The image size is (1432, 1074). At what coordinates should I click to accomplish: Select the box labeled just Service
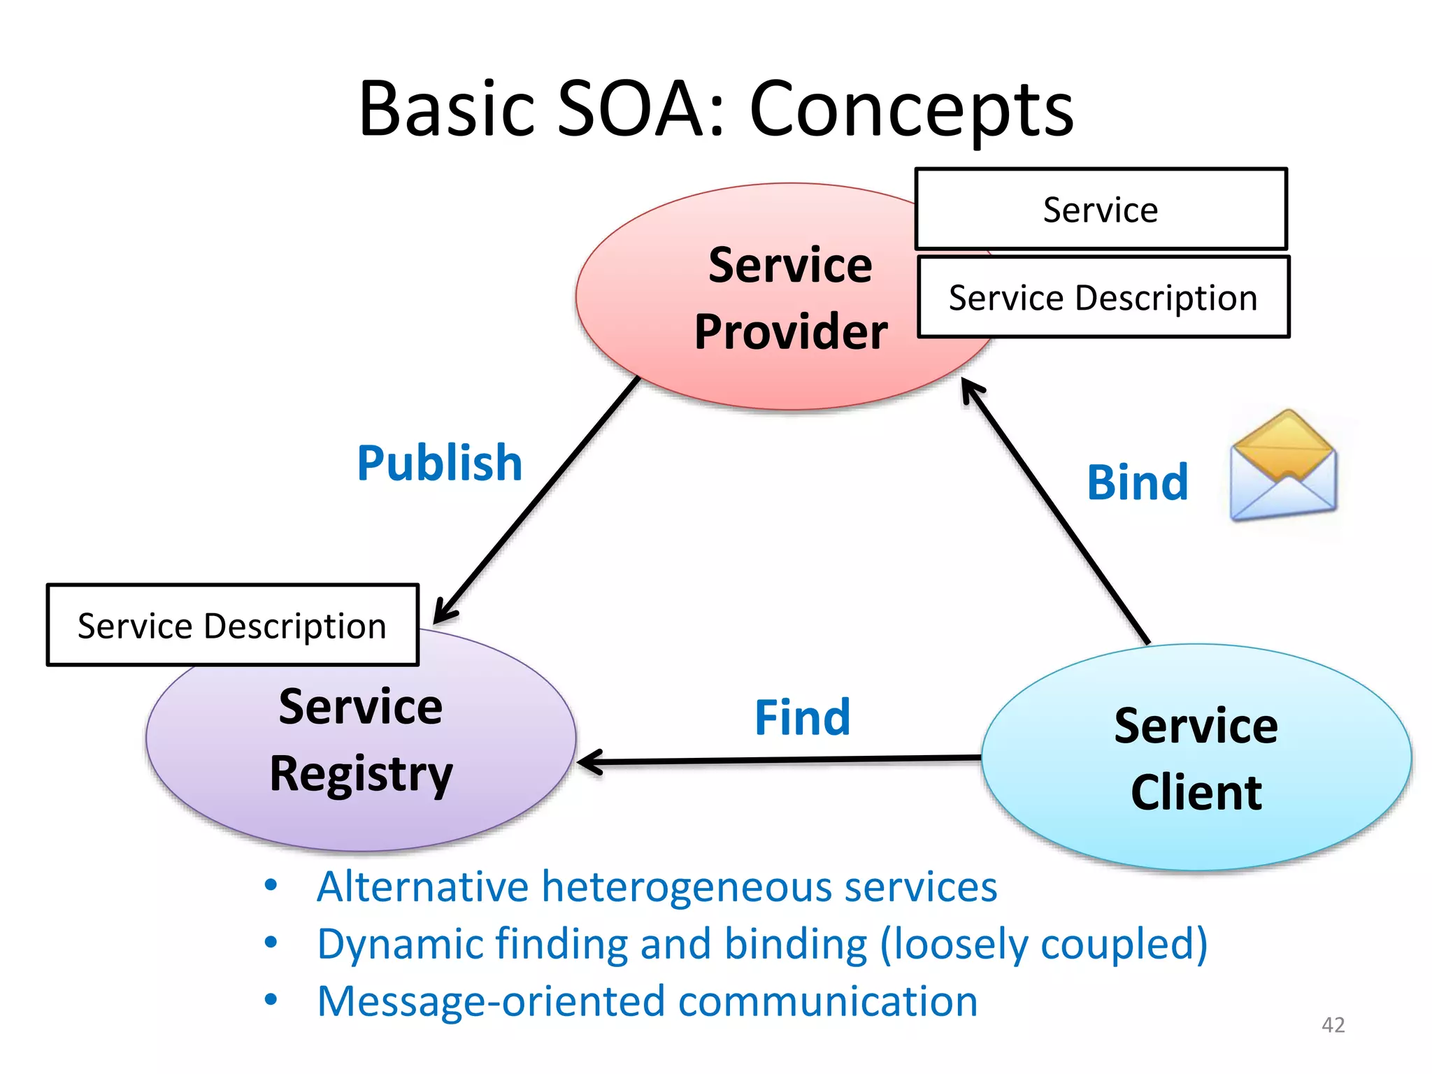[x=1101, y=209]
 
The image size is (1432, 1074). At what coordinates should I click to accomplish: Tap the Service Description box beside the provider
[x=1103, y=297]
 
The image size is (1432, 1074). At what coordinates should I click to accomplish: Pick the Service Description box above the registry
[x=232, y=625]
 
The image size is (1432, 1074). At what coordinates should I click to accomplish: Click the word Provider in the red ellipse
[x=791, y=331]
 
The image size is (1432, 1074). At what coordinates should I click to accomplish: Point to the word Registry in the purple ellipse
[x=361, y=775]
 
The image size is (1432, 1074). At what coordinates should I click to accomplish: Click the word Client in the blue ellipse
[x=1196, y=793]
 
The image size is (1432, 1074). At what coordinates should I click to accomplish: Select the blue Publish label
[x=440, y=463]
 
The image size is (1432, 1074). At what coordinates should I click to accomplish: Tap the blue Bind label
[x=1138, y=482]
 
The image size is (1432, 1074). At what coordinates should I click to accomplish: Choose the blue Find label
[x=803, y=717]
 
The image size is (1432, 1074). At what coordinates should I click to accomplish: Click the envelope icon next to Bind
[x=1283, y=466]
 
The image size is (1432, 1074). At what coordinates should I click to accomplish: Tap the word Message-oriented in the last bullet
[x=491, y=1001]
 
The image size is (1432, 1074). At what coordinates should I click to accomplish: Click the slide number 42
[x=1333, y=1024]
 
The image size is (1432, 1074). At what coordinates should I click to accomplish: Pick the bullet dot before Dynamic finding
[x=271, y=943]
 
